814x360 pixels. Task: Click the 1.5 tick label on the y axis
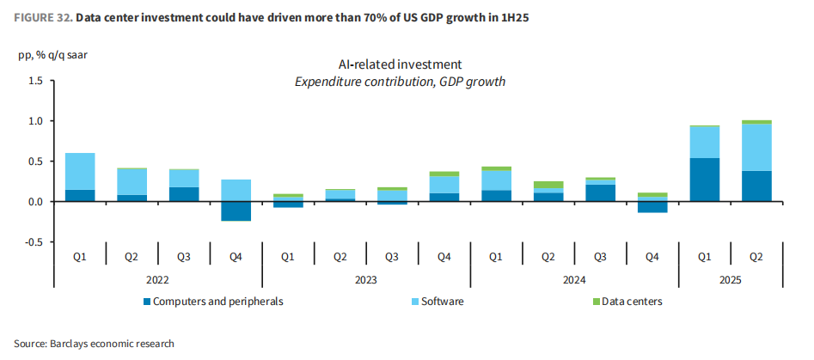pyautogui.click(x=34, y=81)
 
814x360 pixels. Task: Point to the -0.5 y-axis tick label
pyautogui.click(x=33, y=242)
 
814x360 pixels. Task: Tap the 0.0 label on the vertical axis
pyautogui.click(x=34, y=202)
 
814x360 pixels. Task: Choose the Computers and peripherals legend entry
pyautogui.click(x=212, y=302)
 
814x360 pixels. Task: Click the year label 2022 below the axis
pyautogui.click(x=157, y=280)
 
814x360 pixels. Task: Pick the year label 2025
pyautogui.click(x=730, y=280)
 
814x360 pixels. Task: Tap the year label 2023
pyautogui.click(x=365, y=280)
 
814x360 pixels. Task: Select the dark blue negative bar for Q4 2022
pyautogui.click(x=236, y=211)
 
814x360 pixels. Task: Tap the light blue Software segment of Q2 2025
pyautogui.click(x=756, y=147)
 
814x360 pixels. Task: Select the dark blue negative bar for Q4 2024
pyautogui.click(x=652, y=207)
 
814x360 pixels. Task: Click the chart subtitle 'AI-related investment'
pyautogui.click(x=400, y=64)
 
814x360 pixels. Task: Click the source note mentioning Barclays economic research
pyautogui.click(x=94, y=343)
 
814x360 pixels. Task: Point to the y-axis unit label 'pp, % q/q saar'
pyautogui.click(x=52, y=56)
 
